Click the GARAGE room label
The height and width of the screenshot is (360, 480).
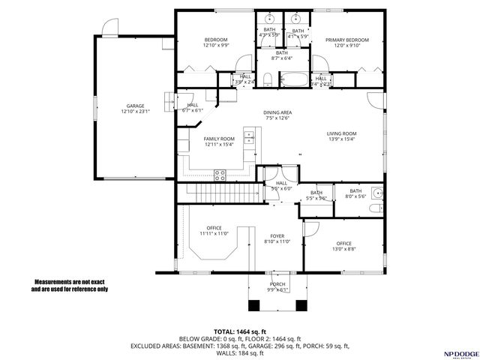(135, 106)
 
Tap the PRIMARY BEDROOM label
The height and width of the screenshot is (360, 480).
(346, 40)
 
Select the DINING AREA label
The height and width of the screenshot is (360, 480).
(277, 112)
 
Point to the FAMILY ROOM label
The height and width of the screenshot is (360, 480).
(219, 139)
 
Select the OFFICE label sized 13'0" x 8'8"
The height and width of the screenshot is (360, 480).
(344, 244)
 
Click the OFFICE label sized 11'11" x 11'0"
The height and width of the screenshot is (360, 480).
(214, 229)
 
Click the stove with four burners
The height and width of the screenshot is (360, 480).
(220, 175)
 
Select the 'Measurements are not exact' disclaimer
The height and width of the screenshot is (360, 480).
(70, 285)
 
